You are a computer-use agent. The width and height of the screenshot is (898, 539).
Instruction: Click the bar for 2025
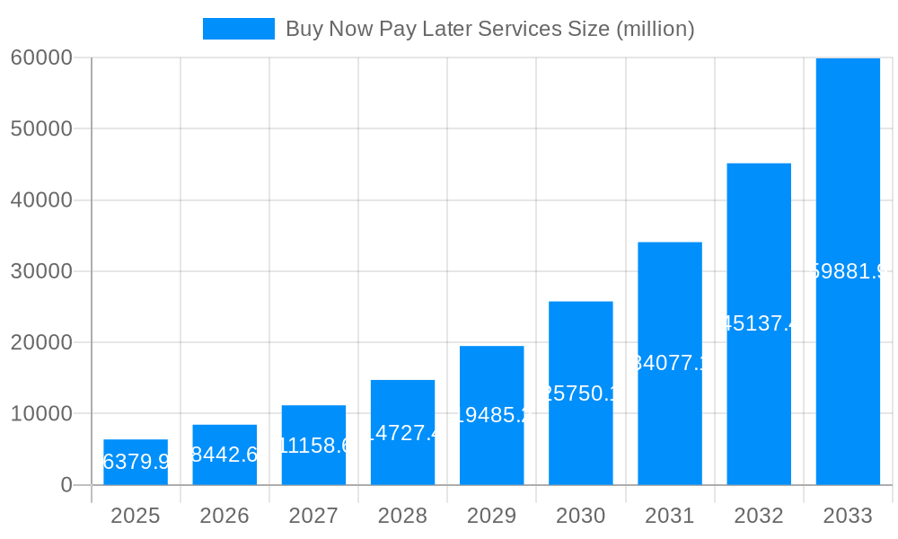click(x=136, y=463)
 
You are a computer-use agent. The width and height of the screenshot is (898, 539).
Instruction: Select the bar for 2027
click(x=313, y=446)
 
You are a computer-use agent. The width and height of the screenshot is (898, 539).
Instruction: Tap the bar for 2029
click(x=491, y=415)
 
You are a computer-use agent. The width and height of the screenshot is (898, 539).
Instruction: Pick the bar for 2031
click(x=670, y=363)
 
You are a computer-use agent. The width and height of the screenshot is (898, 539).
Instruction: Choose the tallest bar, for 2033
click(x=848, y=271)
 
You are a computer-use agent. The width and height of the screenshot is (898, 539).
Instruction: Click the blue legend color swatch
click(x=239, y=29)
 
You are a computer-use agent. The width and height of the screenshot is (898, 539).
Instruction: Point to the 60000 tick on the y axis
click(x=40, y=57)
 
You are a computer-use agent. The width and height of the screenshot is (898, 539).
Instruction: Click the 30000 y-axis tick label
click(x=40, y=271)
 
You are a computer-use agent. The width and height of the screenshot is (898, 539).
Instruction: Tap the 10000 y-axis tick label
click(x=40, y=414)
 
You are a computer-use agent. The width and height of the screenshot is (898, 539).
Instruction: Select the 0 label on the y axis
click(x=66, y=485)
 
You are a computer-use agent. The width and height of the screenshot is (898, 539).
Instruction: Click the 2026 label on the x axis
click(x=224, y=516)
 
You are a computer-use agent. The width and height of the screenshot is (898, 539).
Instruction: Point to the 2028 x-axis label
click(x=402, y=516)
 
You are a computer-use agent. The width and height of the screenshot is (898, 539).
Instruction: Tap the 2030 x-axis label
click(x=581, y=516)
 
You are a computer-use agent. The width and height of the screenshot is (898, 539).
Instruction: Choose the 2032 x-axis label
click(x=759, y=516)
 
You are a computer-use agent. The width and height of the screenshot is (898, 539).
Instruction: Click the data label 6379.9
click(x=136, y=462)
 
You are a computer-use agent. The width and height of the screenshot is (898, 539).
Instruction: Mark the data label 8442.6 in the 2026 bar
click(x=224, y=455)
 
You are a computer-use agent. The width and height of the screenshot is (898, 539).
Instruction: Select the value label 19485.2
click(x=491, y=415)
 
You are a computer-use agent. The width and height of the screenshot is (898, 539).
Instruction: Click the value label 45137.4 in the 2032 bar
click(x=759, y=323)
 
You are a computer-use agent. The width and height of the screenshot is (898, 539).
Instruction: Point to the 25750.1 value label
click(x=581, y=393)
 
